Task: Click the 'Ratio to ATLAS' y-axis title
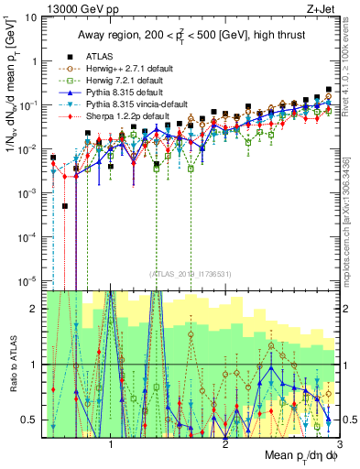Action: click(10, 364)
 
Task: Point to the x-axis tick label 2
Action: click(225, 444)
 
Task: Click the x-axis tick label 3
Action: click(340, 444)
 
